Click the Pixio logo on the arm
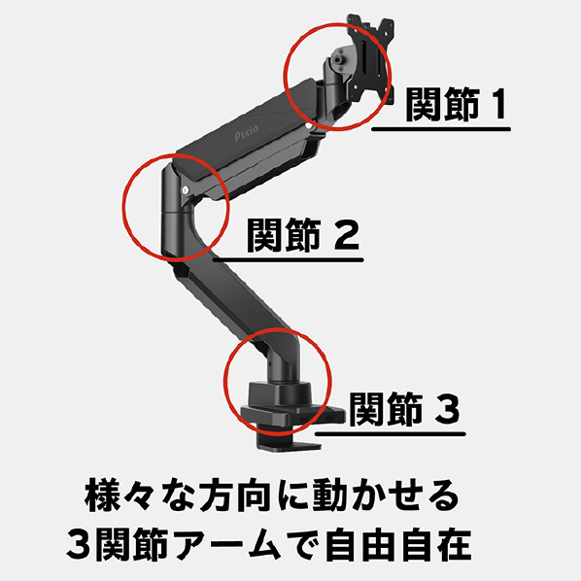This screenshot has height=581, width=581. [247, 133]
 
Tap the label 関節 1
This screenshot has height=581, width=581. [457, 104]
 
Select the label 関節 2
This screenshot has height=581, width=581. [303, 235]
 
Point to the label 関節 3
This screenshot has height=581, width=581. [404, 409]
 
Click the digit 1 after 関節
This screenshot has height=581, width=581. [497, 104]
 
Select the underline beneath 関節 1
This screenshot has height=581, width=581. [441, 129]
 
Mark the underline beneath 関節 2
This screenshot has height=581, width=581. [288, 259]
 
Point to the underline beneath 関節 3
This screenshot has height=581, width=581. [390, 434]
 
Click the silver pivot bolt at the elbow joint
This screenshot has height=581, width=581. [186, 190]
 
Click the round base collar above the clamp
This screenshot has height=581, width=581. [280, 393]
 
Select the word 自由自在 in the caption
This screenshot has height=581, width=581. [398, 545]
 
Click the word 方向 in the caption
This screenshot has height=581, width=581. [234, 496]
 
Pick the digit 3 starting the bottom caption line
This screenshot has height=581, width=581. [80, 545]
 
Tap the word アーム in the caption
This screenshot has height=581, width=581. [228, 545]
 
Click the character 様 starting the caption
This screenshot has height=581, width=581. [101, 496]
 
